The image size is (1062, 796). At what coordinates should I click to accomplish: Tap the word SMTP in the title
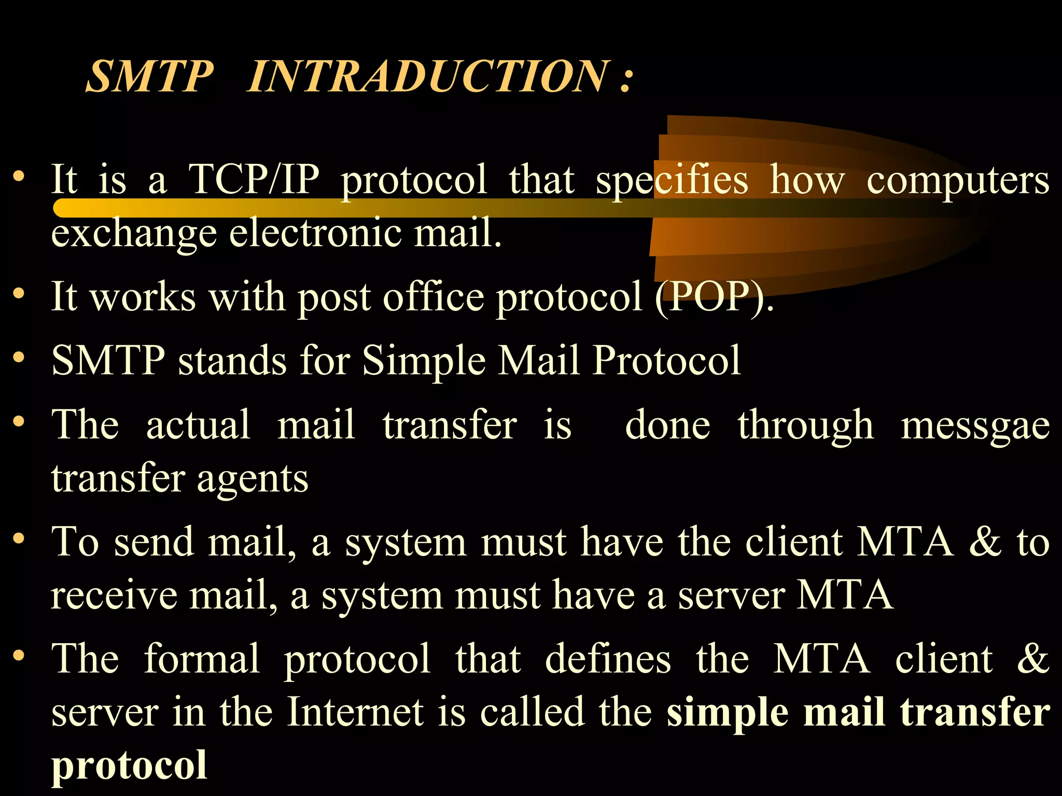point(149,77)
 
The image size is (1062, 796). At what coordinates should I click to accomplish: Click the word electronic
point(315,233)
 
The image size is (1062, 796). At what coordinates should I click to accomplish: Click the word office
point(434,296)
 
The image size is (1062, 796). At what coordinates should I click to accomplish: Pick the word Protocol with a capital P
point(666,360)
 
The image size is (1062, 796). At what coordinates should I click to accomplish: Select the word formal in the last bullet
point(202,659)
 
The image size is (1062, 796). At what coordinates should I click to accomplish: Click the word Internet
point(355,712)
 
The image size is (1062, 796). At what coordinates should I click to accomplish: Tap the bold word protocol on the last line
point(129,766)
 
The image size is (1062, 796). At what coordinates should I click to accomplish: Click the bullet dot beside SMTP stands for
point(19,358)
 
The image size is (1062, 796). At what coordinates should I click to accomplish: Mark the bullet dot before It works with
point(19,294)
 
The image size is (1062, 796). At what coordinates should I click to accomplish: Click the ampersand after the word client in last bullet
point(1032,659)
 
